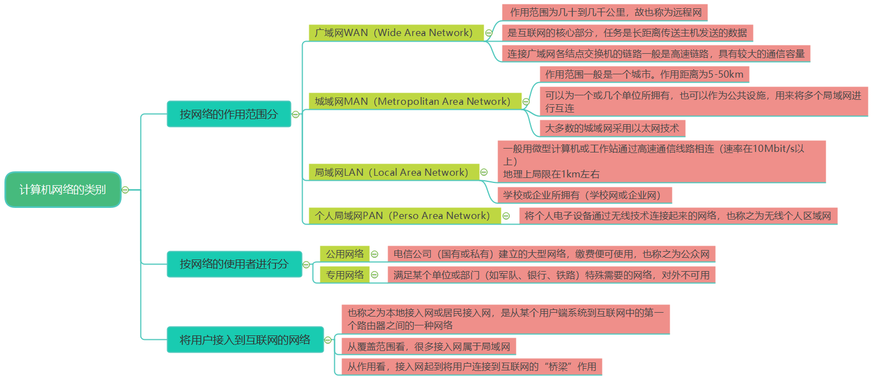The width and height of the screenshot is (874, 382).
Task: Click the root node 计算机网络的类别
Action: click(x=63, y=190)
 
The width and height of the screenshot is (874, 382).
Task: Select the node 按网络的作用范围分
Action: click(x=229, y=114)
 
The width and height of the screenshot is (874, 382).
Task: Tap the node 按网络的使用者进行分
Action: click(x=234, y=264)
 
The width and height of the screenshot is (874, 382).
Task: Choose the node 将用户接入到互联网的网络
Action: click(x=245, y=340)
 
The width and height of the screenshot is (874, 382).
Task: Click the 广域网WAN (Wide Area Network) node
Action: click(x=394, y=33)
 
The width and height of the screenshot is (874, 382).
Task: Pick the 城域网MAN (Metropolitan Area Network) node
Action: click(x=413, y=101)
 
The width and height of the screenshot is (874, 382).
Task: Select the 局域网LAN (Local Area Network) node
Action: click(x=391, y=172)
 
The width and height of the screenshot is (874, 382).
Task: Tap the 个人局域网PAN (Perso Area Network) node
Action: click(x=403, y=216)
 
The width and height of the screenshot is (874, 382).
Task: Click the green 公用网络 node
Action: click(x=345, y=254)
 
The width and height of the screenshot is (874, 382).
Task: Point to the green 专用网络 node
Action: click(x=345, y=274)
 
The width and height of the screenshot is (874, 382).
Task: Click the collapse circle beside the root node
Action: click(x=125, y=190)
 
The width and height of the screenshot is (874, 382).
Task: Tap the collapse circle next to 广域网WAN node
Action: click(x=489, y=33)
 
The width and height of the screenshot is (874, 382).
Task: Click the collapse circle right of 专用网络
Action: click(x=375, y=274)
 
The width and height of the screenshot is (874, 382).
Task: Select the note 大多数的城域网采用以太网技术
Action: click(x=612, y=128)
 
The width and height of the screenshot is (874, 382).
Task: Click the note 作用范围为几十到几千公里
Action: click(x=605, y=12)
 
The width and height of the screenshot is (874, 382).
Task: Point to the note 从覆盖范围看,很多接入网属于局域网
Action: click(x=429, y=347)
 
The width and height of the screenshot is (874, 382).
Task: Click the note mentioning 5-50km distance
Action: click(x=644, y=74)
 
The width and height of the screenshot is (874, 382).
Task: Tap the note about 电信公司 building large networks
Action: click(x=551, y=254)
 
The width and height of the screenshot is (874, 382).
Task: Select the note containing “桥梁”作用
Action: click(x=471, y=366)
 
